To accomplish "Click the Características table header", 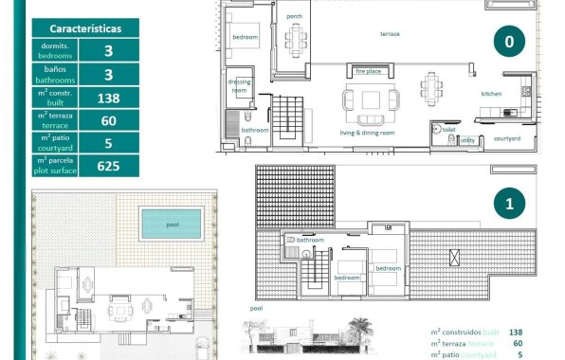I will click(x=84, y=28).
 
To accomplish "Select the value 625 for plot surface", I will click(x=108, y=165).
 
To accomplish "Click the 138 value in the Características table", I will click(x=108, y=98).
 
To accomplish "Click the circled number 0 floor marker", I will click(x=509, y=42).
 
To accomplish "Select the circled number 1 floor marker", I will click(x=509, y=204).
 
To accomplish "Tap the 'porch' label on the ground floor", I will click(x=295, y=16).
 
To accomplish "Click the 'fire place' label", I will click(x=368, y=71).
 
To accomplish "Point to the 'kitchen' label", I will click(x=491, y=94).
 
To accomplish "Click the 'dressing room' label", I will click(x=239, y=86).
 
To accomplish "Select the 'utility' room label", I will click(x=467, y=140).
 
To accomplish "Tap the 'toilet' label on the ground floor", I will click(x=448, y=128).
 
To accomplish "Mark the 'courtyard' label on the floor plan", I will click(x=507, y=138).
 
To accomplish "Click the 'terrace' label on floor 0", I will click(x=390, y=34).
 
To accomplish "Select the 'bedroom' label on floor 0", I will click(x=246, y=37).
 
